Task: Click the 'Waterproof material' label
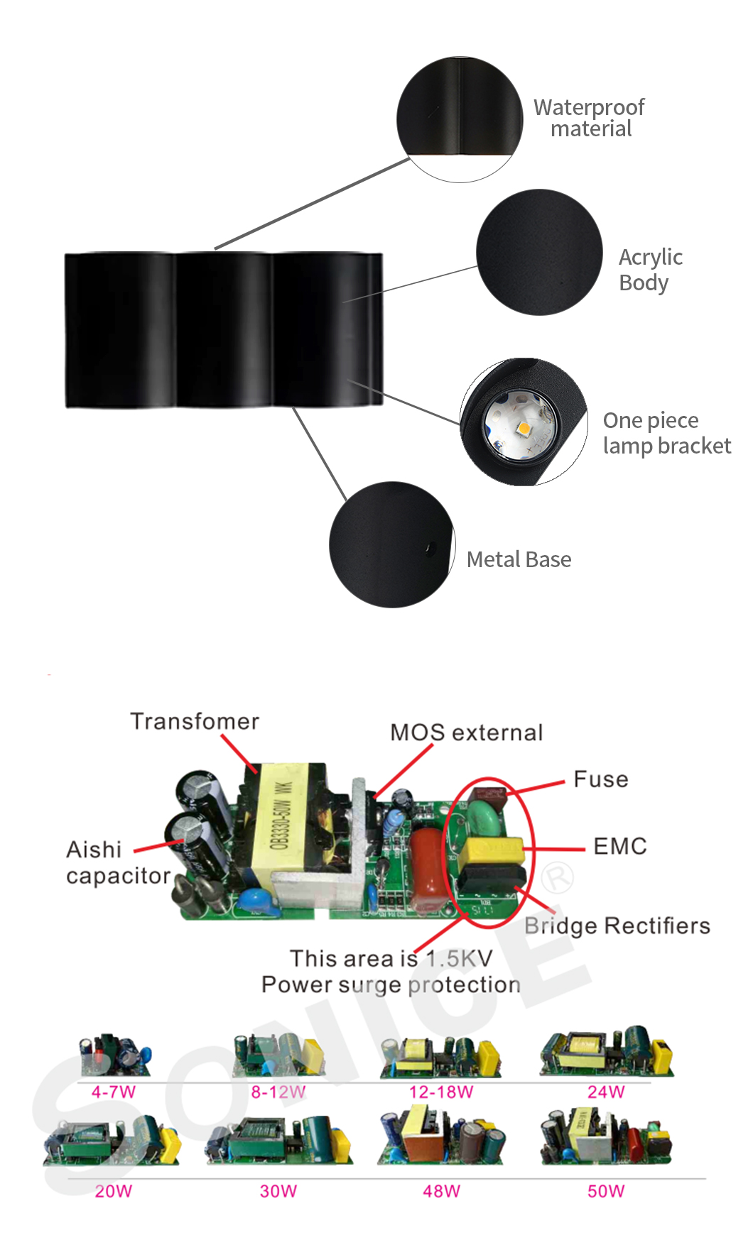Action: tap(590, 118)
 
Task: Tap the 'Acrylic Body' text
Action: tap(651, 270)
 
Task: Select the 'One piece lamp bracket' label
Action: tap(667, 433)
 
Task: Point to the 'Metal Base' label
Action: tap(519, 559)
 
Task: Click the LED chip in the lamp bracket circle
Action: tap(524, 428)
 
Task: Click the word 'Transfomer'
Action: tap(195, 721)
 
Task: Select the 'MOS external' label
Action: tap(467, 732)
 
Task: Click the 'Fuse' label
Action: tap(601, 779)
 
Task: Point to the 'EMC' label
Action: tap(620, 846)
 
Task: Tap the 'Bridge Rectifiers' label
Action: tap(617, 926)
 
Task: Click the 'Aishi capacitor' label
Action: tap(118, 862)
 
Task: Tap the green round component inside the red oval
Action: tap(486, 819)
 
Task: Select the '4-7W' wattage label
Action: tap(114, 1092)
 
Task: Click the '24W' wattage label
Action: tap(606, 1092)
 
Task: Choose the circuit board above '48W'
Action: tap(442, 1136)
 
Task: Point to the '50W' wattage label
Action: tap(606, 1191)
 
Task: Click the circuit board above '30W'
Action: tap(278, 1140)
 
